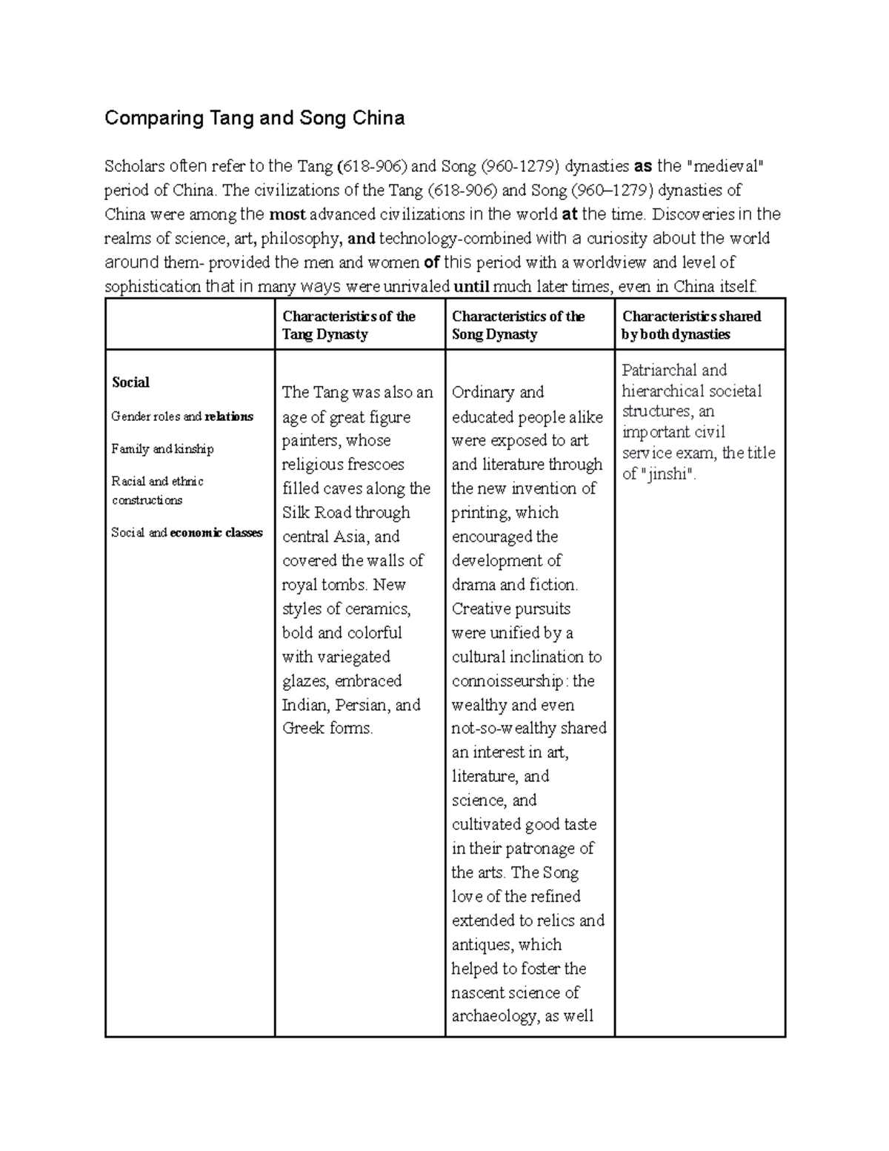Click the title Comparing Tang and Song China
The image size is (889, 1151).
click(254, 119)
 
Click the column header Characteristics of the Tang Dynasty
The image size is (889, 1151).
click(348, 325)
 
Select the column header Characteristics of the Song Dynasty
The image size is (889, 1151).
click(518, 325)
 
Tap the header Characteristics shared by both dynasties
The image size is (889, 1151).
click(691, 325)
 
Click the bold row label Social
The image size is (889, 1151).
click(130, 382)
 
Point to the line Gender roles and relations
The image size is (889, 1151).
click(182, 417)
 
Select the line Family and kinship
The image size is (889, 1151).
click(162, 449)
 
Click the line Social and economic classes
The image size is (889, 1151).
click(187, 533)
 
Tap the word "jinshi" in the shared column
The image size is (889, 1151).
click(667, 474)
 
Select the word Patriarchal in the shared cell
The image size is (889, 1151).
click(659, 371)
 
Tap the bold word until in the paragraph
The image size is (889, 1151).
click(471, 288)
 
